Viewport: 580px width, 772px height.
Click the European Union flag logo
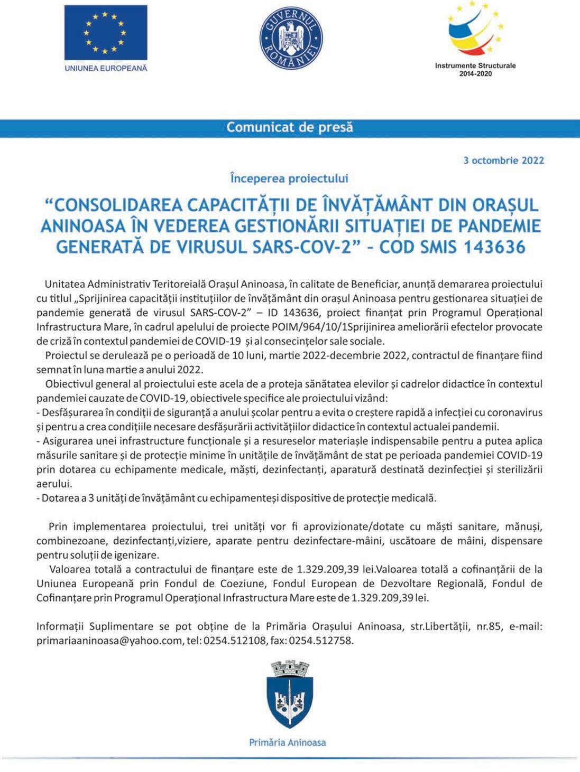(x=106, y=33)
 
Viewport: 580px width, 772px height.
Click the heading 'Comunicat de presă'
(x=290, y=127)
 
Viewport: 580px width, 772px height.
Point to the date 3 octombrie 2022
(x=503, y=160)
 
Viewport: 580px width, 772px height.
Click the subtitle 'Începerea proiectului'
(x=289, y=178)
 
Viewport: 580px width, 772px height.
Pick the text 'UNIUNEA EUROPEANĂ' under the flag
(x=106, y=68)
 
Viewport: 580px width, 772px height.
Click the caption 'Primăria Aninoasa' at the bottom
(x=288, y=742)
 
